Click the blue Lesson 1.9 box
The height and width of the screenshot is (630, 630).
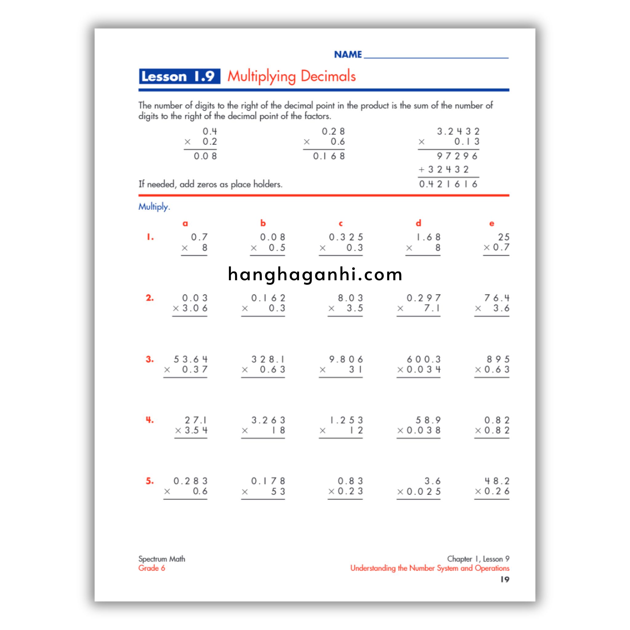click(179, 76)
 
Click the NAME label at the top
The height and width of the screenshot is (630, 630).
click(348, 54)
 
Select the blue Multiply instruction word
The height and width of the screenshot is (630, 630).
click(154, 206)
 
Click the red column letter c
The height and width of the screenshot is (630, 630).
click(341, 224)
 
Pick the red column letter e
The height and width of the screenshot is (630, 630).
click(491, 224)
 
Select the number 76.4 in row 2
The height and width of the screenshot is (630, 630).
click(496, 298)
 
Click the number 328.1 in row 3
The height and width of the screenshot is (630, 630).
click(268, 359)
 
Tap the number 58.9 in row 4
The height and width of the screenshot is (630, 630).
click(428, 420)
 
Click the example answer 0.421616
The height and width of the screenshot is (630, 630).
click(449, 185)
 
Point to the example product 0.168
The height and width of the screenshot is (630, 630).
click(329, 156)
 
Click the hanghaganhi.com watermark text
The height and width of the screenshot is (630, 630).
click(315, 274)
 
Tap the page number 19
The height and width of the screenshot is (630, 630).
click(504, 580)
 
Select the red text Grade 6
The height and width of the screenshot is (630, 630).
click(152, 568)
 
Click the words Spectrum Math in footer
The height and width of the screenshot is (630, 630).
click(162, 559)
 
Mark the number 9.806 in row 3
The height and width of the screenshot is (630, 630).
click(346, 359)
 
